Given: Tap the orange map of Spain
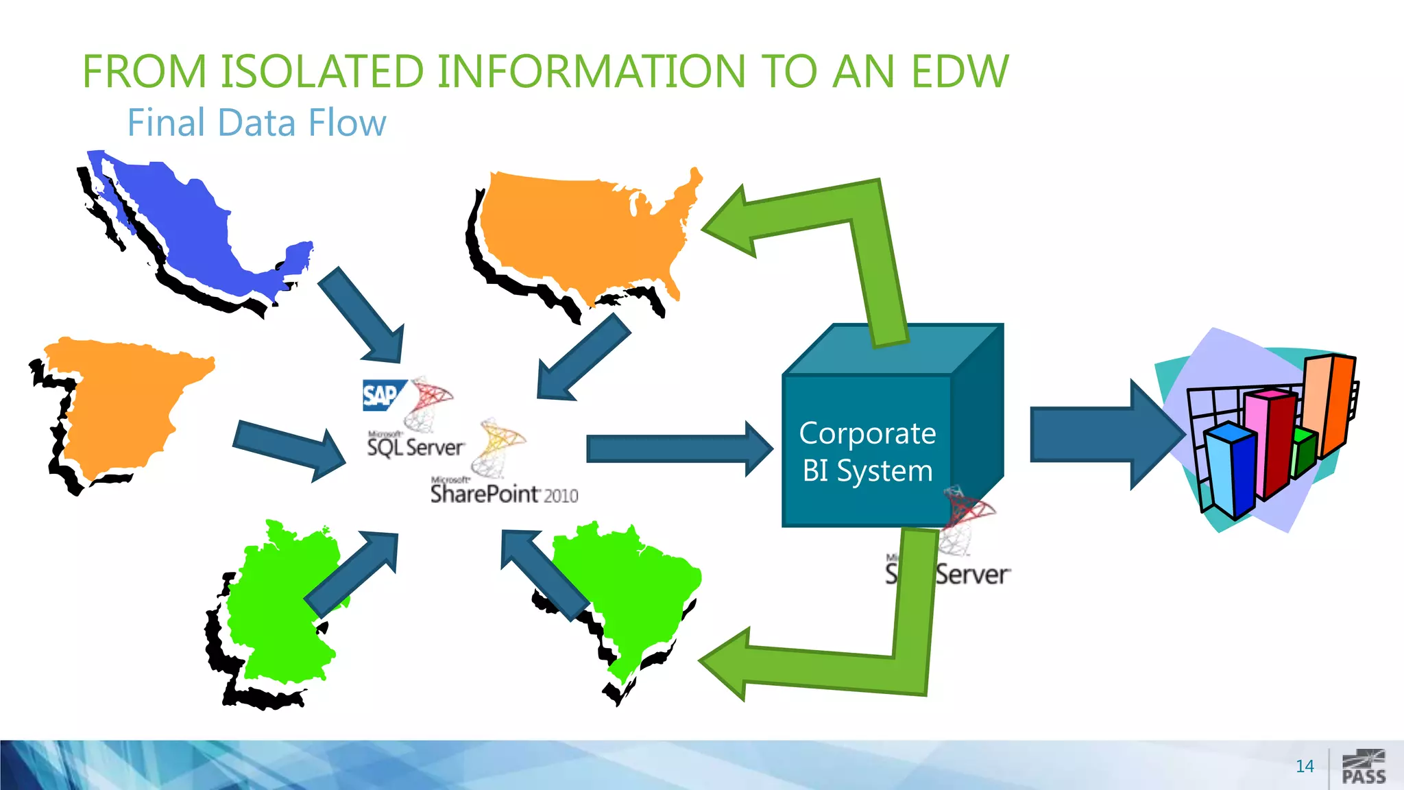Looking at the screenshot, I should pyautogui.click(x=123, y=405).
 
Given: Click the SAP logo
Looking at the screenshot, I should pyautogui.click(x=380, y=395).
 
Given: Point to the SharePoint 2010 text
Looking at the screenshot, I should pyautogui.click(x=504, y=494).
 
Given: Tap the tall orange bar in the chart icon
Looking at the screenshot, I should pyautogui.click(x=1330, y=405).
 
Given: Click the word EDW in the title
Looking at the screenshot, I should pyautogui.click(x=960, y=71).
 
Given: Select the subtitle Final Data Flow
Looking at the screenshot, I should pyautogui.click(x=257, y=123).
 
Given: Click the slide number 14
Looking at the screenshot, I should pyautogui.click(x=1305, y=766).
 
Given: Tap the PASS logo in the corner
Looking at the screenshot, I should pyautogui.click(x=1364, y=767).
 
